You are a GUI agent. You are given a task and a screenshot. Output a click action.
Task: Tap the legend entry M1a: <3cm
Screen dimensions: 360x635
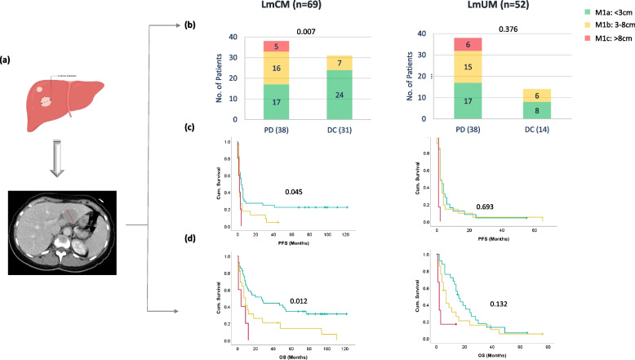point(576,20)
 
